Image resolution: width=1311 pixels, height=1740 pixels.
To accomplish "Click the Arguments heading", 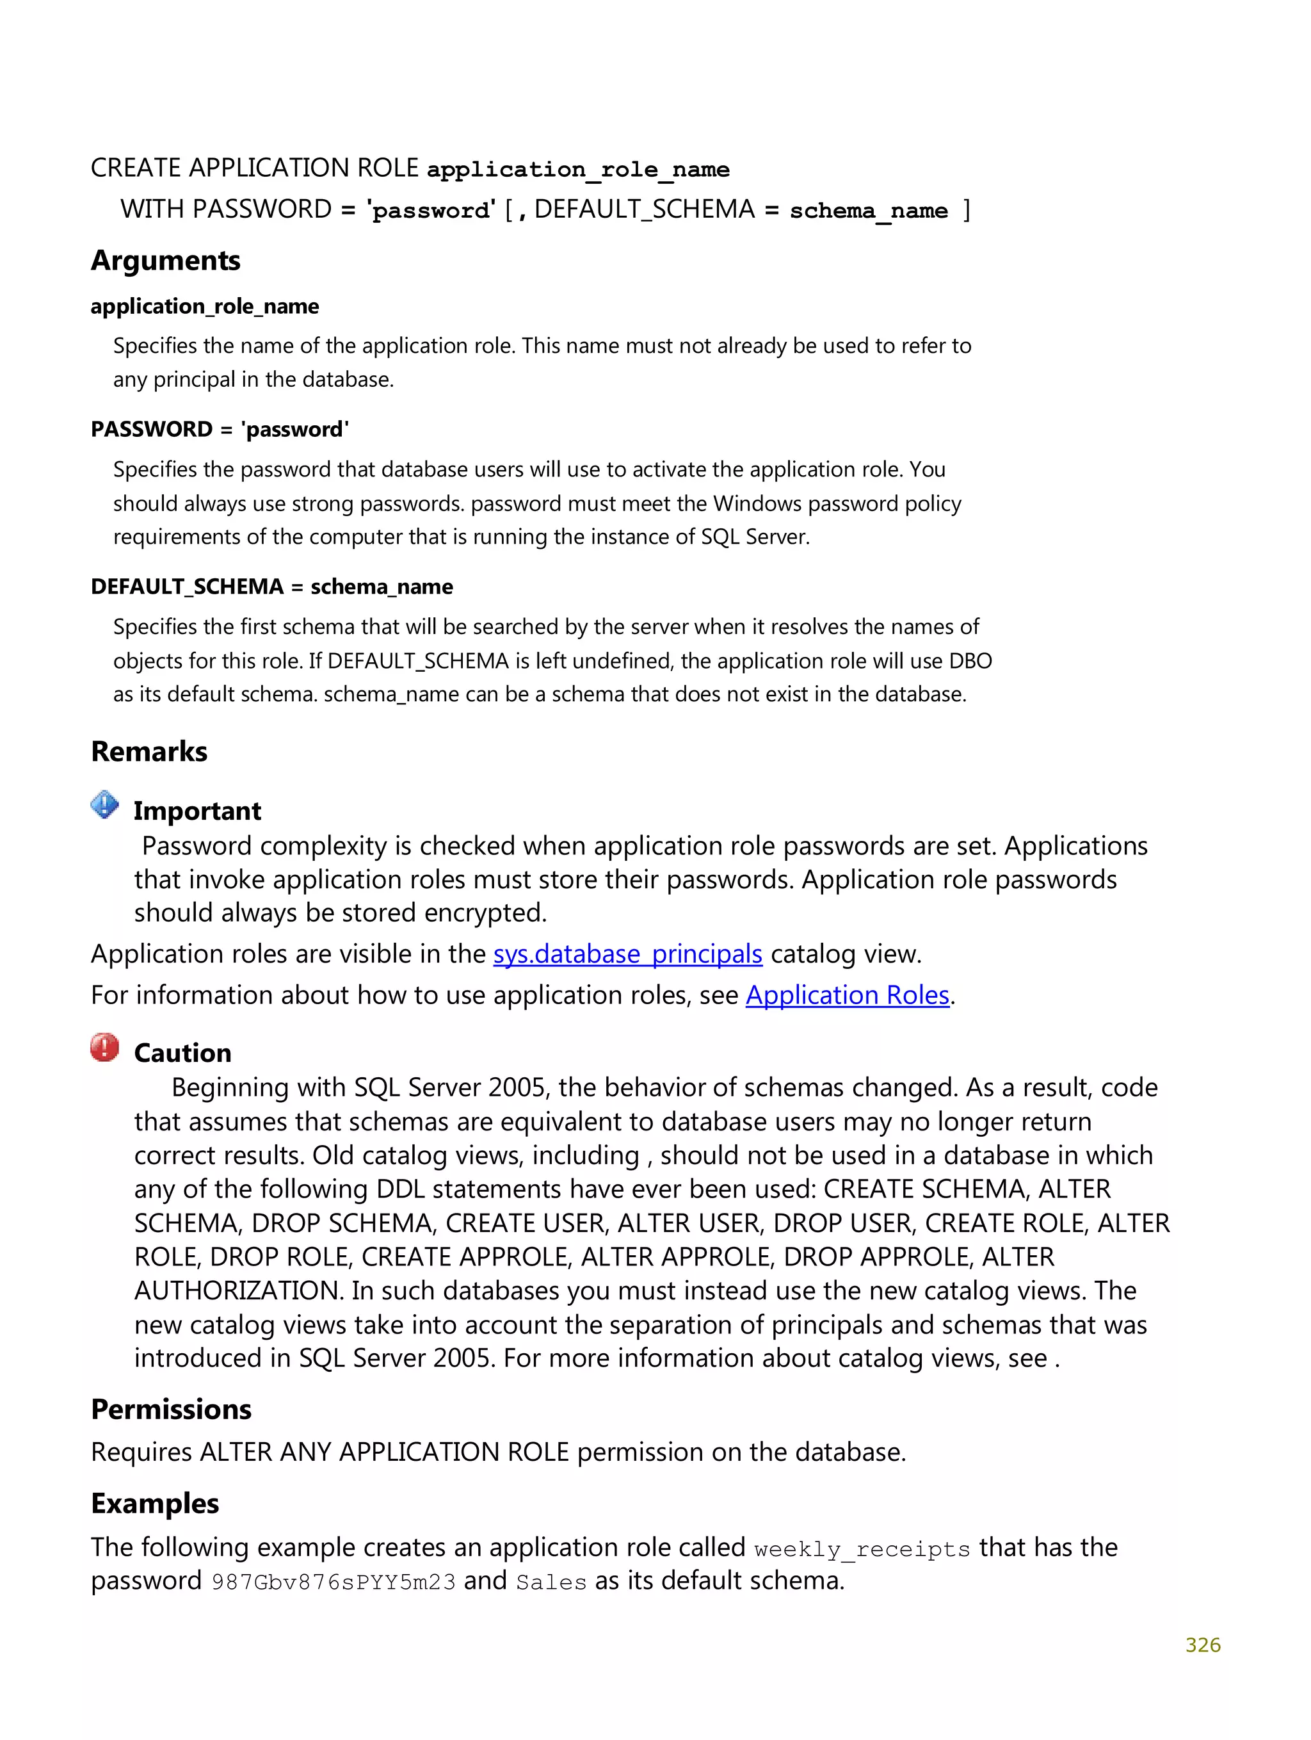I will (x=165, y=261).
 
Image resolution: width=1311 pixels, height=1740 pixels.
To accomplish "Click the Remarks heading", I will (x=149, y=751).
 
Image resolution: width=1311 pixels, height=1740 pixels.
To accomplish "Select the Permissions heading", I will (x=171, y=1409).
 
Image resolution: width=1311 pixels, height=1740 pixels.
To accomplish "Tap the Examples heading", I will (x=155, y=1503).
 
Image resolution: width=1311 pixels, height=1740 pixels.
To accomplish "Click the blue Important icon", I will (x=104, y=805).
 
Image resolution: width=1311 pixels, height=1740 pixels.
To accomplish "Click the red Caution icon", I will (x=104, y=1047).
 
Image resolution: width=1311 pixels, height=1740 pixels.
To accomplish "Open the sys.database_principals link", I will (x=627, y=954).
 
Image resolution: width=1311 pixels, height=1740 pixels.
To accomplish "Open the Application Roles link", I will (x=847, y=995).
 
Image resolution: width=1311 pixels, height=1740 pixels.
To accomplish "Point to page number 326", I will (x=1202, y=1645).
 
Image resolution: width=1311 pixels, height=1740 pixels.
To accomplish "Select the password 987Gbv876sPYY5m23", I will (x=334, y=1582).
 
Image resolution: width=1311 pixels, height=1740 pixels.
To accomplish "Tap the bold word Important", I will (x=197, y=811).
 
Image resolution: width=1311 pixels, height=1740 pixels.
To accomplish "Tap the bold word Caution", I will (x=182, y=1053).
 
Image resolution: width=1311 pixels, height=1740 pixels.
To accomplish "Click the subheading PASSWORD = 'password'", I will (x=220, y=430).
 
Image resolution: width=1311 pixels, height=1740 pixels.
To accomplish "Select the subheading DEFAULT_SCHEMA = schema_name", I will (x=271, y=587).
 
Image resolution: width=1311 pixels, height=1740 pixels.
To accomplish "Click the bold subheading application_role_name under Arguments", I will (x=204, y=306).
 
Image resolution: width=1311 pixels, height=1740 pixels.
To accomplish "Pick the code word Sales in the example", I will (x=551, y=1582).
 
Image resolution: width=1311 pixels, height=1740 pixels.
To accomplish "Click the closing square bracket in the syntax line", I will (x=967, y=210).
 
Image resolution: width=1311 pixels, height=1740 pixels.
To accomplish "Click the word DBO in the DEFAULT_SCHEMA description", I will (x=970, y=661).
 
